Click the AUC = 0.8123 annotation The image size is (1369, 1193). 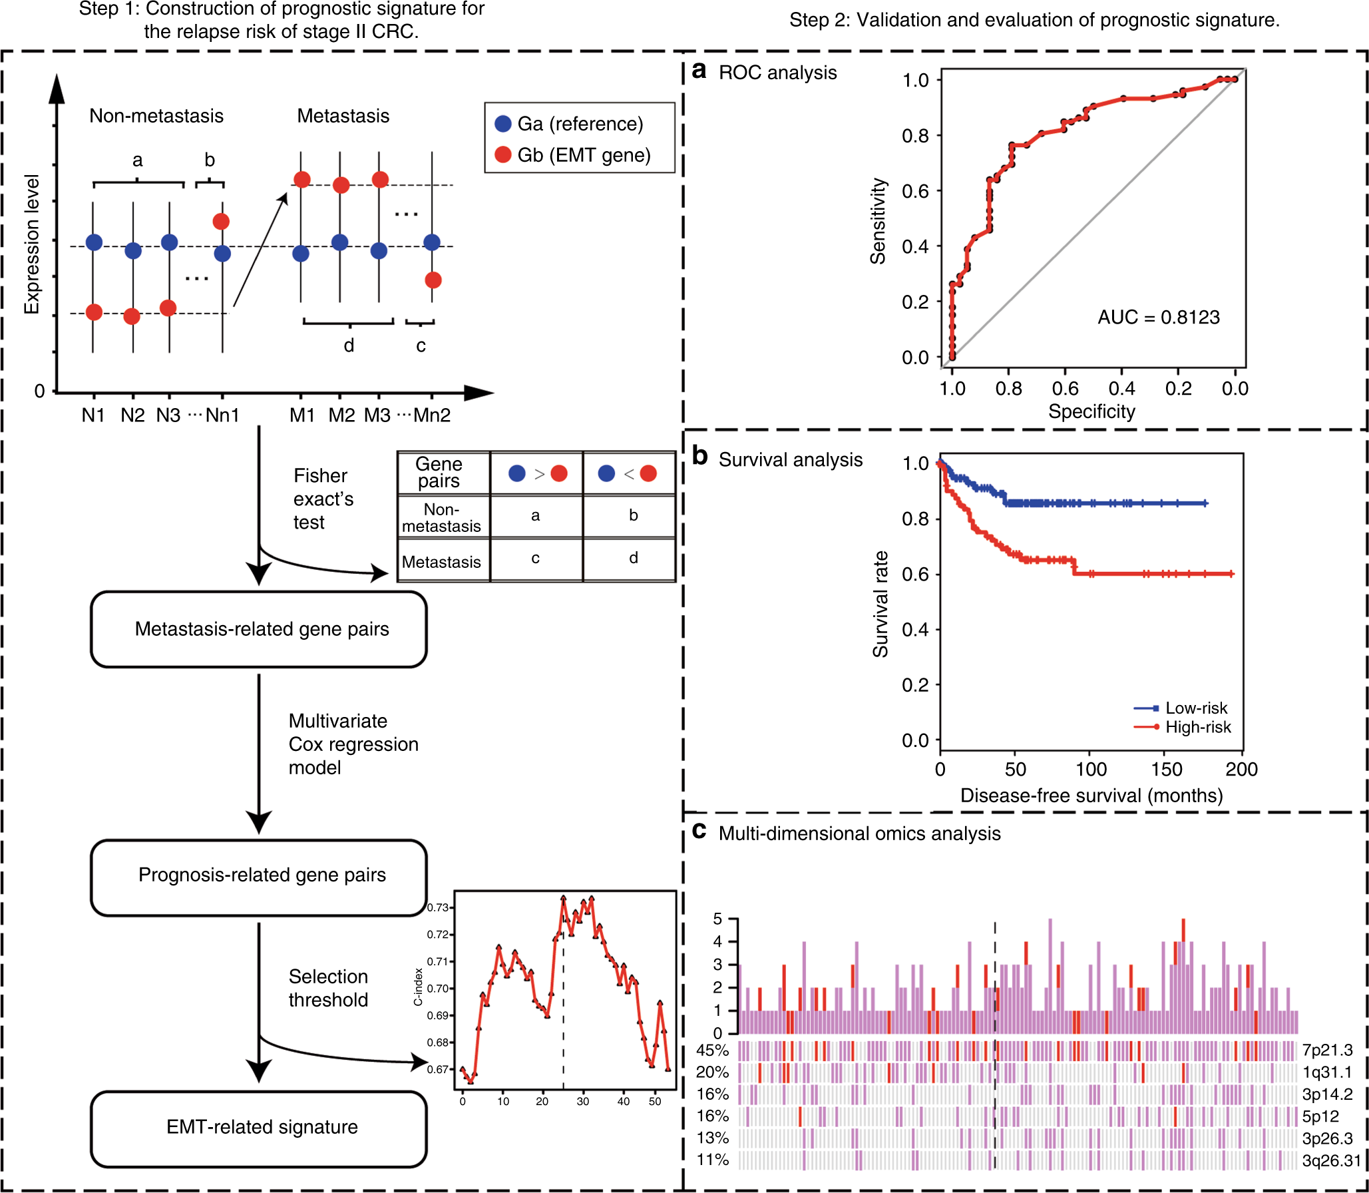pyautogui.click(x=1158, y=317)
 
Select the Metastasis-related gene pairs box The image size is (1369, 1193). pyautogui.click(x=259, y=629)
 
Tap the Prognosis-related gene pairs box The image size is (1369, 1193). pyautogui.click(x=259, y=875)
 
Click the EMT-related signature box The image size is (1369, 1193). pyautogui.click(x=259, y=1126)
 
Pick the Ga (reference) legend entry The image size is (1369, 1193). pyautogui.click(x=570, y=124)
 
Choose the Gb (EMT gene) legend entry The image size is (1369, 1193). pyautogui.click(x=572, y=155)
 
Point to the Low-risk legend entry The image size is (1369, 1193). pyautogui.click(x=1195, y=708)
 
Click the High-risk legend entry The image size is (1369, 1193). pyautogui.click(x=1197, y=727)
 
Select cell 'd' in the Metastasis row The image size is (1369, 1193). pyautogui.click(x=633, y=558)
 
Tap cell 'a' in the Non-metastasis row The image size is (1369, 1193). pyautogui.click(x=535, y=515)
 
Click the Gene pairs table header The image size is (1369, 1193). pyautogui.click(x=439, y=472)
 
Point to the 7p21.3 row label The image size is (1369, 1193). pyautogui.click(x=1327, y=1050)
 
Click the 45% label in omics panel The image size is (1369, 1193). pyautogui.click(x=712, y=1050)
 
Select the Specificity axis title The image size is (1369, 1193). pyautogui.click(x=1091, y=411)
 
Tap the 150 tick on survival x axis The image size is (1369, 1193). pyautogui.click(x=1166, y=770)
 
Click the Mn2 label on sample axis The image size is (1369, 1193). pyautogui.click(x=432, y=415)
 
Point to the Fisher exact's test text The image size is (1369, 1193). pyautogui.click(x=323, y=499)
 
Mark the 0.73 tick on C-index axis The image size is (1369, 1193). pyautogui.click(x=437, y=907)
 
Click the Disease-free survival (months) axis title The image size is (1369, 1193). pyautogui.click(x=1091, y=796)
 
